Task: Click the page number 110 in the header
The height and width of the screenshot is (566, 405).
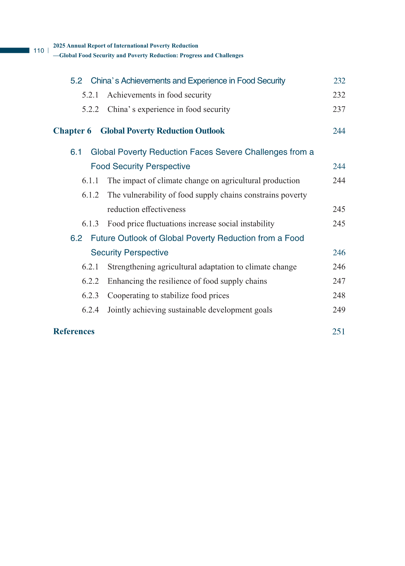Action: [x=39, y=51]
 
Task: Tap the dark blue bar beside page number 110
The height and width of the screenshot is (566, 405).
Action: [x=15, y=51]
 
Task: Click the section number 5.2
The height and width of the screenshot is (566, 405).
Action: [x=76, y=81]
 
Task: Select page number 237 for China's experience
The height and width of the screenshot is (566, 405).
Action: [x=339, y=110]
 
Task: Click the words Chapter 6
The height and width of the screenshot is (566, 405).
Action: [x=72, y=131]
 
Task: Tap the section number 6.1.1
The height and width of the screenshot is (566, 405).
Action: [x=90, y=181]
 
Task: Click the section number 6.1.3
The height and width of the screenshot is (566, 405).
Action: [x=90, y=224]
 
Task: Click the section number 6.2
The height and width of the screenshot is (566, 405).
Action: [x=76, y=238]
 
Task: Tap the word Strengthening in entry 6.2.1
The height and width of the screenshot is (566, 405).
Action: [x=131, y=267]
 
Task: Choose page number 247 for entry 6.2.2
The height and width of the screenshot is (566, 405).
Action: [x=339, y=281]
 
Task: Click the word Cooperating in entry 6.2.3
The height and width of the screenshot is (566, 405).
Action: [x=128, y=296]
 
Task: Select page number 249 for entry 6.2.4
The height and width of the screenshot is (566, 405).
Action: [x=339, y=310]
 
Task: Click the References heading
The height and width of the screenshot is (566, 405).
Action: [x=74, y=331]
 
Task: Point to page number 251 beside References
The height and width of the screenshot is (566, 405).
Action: [x=339, y=332]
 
